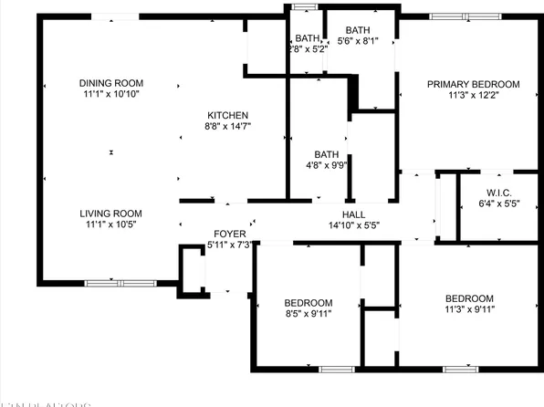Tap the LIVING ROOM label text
pyautogui.click(x=114, y=214)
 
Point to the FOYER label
pyautogui.click(x=229, y=234)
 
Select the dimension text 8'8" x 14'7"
pyautogui.click(x=228, y=126)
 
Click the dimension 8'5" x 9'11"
pyautogui.click(x=308, y=314)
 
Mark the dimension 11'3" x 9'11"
pyautogui.click(x=469, y=309)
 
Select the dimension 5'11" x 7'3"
pyautogui.click(x=229, y=245)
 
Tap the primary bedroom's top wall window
pyautogui.click(x=460, y=16)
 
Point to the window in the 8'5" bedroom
pyautogui.click(x=336, y=369)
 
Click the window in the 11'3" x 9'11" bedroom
pyautogui.click(x=460, y=369)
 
